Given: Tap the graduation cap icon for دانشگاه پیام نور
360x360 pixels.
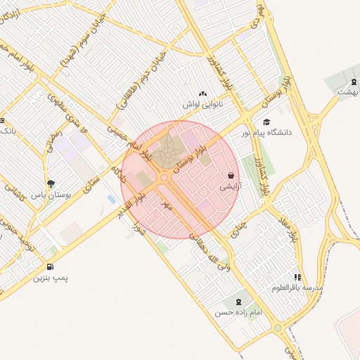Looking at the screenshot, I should (x=266, y=122).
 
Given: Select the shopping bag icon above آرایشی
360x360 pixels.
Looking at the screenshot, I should (x=231, y=175).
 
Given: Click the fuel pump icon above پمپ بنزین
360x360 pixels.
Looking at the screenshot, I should (x=49, y=266).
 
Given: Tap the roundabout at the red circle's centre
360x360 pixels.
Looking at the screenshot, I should (x=165, y=179).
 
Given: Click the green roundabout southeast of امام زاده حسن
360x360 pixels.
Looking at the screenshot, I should (x=278, y=328).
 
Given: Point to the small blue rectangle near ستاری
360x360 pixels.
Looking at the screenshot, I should (x=111, y=200).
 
